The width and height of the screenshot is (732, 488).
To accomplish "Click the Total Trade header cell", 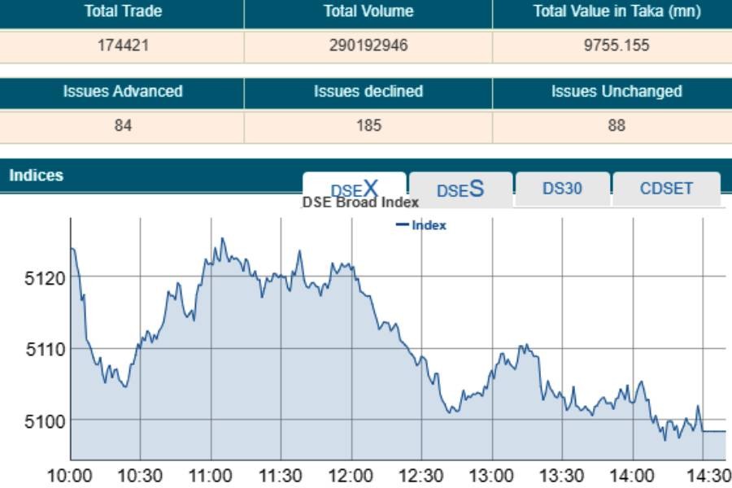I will pos(123,11).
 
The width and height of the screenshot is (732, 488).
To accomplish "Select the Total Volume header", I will pos(368,11).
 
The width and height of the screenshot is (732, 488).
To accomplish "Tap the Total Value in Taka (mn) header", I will pos(617,11).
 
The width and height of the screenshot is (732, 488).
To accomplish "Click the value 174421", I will pos(123,46).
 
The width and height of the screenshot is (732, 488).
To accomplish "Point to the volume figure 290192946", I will pos(368,46).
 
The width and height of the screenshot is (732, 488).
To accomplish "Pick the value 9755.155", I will pos(617,46).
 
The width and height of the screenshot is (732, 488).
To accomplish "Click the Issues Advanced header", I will pos(123,91).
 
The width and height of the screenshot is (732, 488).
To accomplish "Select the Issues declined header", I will pos(368,91).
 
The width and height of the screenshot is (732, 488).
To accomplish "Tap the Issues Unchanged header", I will pos(617,91).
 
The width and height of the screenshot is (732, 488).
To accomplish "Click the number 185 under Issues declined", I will pos(368,125).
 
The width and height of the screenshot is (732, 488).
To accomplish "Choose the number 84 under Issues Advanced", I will pos(123,125).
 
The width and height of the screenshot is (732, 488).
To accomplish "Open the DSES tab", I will pos(460,190).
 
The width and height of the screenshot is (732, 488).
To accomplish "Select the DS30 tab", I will pos(562,189).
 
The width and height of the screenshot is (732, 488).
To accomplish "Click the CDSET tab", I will pos(666,189).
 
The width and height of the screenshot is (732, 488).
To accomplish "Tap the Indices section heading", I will pos(37,175).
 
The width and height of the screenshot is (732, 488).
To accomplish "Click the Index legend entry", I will pos(422,225).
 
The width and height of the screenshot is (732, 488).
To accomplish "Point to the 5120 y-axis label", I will pos(46,278).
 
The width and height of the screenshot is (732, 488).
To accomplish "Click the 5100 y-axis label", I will pos(46,420).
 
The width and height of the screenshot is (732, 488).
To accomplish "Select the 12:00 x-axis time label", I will pos(351,476).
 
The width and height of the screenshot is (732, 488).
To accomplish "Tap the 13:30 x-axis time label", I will pos(562,476).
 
